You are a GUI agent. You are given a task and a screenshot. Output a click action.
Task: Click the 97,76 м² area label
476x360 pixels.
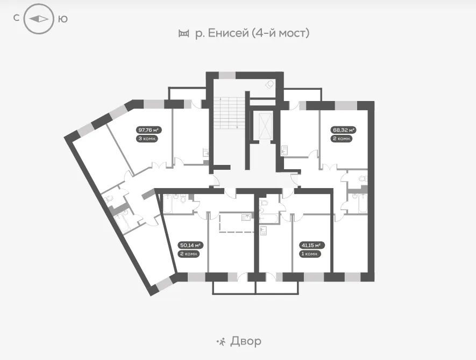click(x=148, y=130)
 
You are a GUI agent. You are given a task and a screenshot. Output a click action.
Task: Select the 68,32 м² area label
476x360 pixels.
click(x=343, y=130)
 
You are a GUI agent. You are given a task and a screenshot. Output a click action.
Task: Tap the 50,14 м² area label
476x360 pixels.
click(x=190, y=245)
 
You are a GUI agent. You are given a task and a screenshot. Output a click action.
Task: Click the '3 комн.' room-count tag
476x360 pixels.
click(x=147, y=139)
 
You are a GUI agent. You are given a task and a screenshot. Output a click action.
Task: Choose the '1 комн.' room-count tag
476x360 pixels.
click(x=310, y=254)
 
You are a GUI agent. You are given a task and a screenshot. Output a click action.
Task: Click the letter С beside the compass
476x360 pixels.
click(x=16, y=18)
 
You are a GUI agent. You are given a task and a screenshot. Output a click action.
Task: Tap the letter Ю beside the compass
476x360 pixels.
click(x=62, y=19)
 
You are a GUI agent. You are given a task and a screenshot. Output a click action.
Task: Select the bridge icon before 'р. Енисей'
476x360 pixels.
click(x=183, y=33)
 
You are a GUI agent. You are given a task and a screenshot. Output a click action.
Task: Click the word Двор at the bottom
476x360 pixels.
click(x=246, y=342)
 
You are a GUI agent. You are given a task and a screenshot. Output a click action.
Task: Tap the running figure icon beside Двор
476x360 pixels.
click(x=221, y=342)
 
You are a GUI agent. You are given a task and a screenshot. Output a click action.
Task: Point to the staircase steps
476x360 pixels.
click(x=225, y=113)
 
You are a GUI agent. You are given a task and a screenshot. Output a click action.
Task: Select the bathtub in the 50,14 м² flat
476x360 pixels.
click(x=168, y=204)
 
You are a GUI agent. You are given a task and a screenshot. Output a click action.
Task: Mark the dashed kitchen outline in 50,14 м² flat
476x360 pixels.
click(x=237, y=222)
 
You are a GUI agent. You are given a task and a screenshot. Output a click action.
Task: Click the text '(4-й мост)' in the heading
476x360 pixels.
click(x=281, y=33)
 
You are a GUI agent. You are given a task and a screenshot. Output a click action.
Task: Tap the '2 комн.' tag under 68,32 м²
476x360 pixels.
click(x=342, y=139)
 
